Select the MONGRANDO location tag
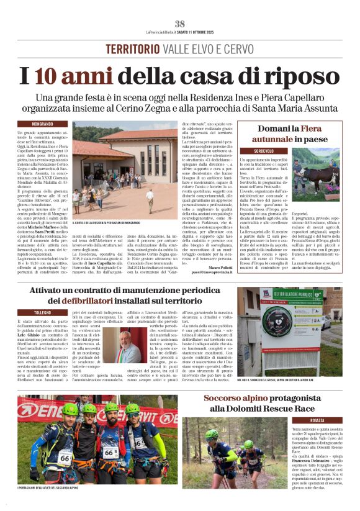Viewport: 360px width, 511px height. tap(42, 124)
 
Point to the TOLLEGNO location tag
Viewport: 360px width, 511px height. tap(42, 312)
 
